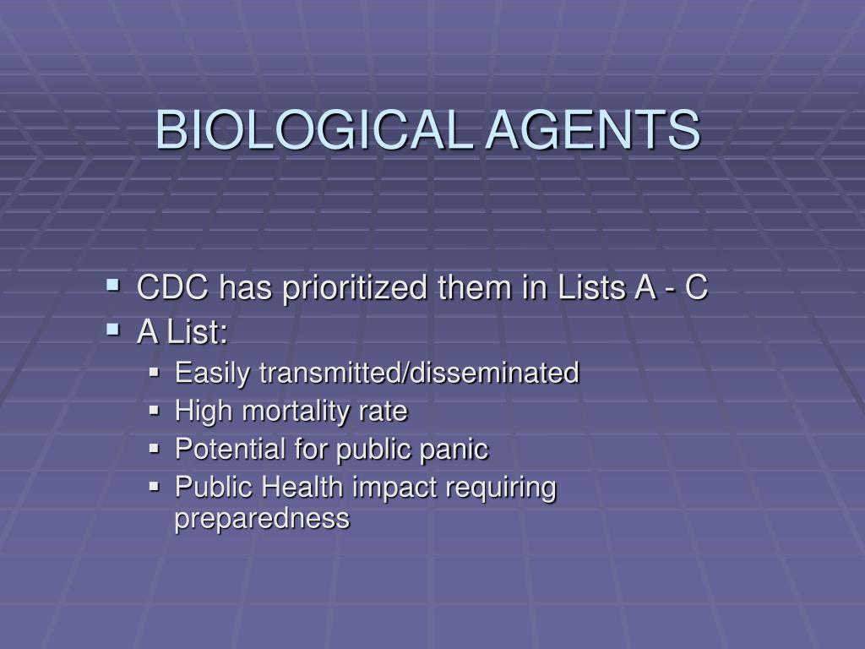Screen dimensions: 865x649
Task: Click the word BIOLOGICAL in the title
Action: point(314,129)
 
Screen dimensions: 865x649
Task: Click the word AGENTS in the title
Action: point(593,129)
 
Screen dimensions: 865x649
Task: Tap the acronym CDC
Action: point(172,287)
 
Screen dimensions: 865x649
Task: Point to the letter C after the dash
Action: point(696,287)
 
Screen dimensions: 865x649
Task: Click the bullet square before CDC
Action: point(113,286)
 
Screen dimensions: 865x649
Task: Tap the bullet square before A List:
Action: point(113,330)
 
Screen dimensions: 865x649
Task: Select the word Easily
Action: point(212,373)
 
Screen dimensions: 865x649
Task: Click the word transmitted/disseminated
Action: point(419,373)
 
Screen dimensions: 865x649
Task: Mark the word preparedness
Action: point(262,519)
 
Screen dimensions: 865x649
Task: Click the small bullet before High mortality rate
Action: point(154,411)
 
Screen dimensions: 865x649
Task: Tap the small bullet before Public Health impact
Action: point(154,486)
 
